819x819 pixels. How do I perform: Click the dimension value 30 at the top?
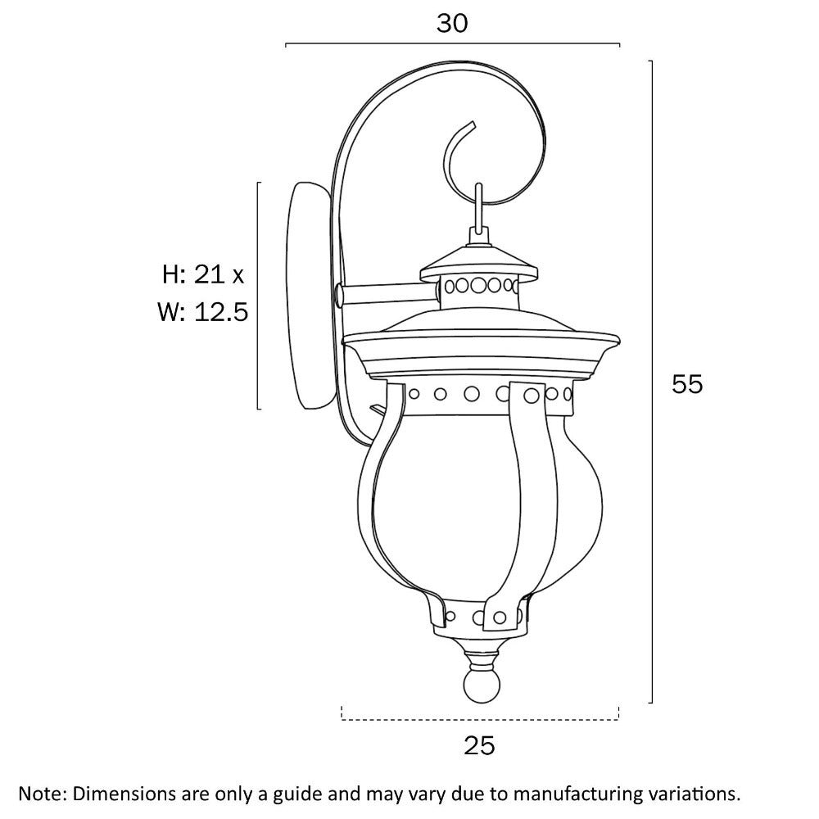coord(451,24)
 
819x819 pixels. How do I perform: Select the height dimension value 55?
coord(687,383)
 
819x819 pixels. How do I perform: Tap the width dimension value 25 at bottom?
coord(479,745)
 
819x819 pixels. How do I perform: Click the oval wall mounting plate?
coord(308,295)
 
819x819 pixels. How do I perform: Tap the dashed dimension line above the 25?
coord(479,719)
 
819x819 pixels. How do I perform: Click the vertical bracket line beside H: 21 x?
coord(259,295)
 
